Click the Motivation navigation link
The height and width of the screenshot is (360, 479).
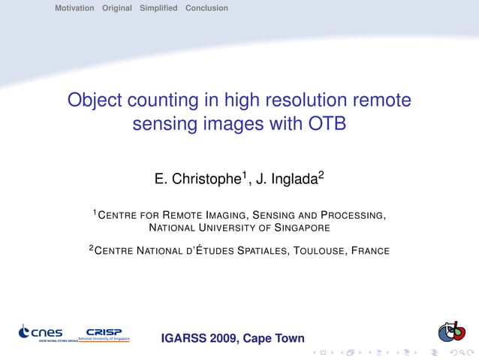click(x=74, y=8)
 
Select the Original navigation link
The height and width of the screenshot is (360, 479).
click(x=117, y=8)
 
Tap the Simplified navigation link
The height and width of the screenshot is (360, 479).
click(x=158, y=8)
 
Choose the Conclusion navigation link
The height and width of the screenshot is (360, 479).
click(x=206, y=8)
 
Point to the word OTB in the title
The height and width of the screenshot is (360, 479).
click(x=327, y=124)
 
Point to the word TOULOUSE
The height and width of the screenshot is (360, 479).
click(x=317, y=250)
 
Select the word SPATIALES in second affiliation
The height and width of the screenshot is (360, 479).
click(x=252, y=250)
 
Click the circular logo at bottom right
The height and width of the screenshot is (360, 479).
click(x=452, y=331)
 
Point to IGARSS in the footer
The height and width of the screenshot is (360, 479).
click(x=185, y=339)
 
